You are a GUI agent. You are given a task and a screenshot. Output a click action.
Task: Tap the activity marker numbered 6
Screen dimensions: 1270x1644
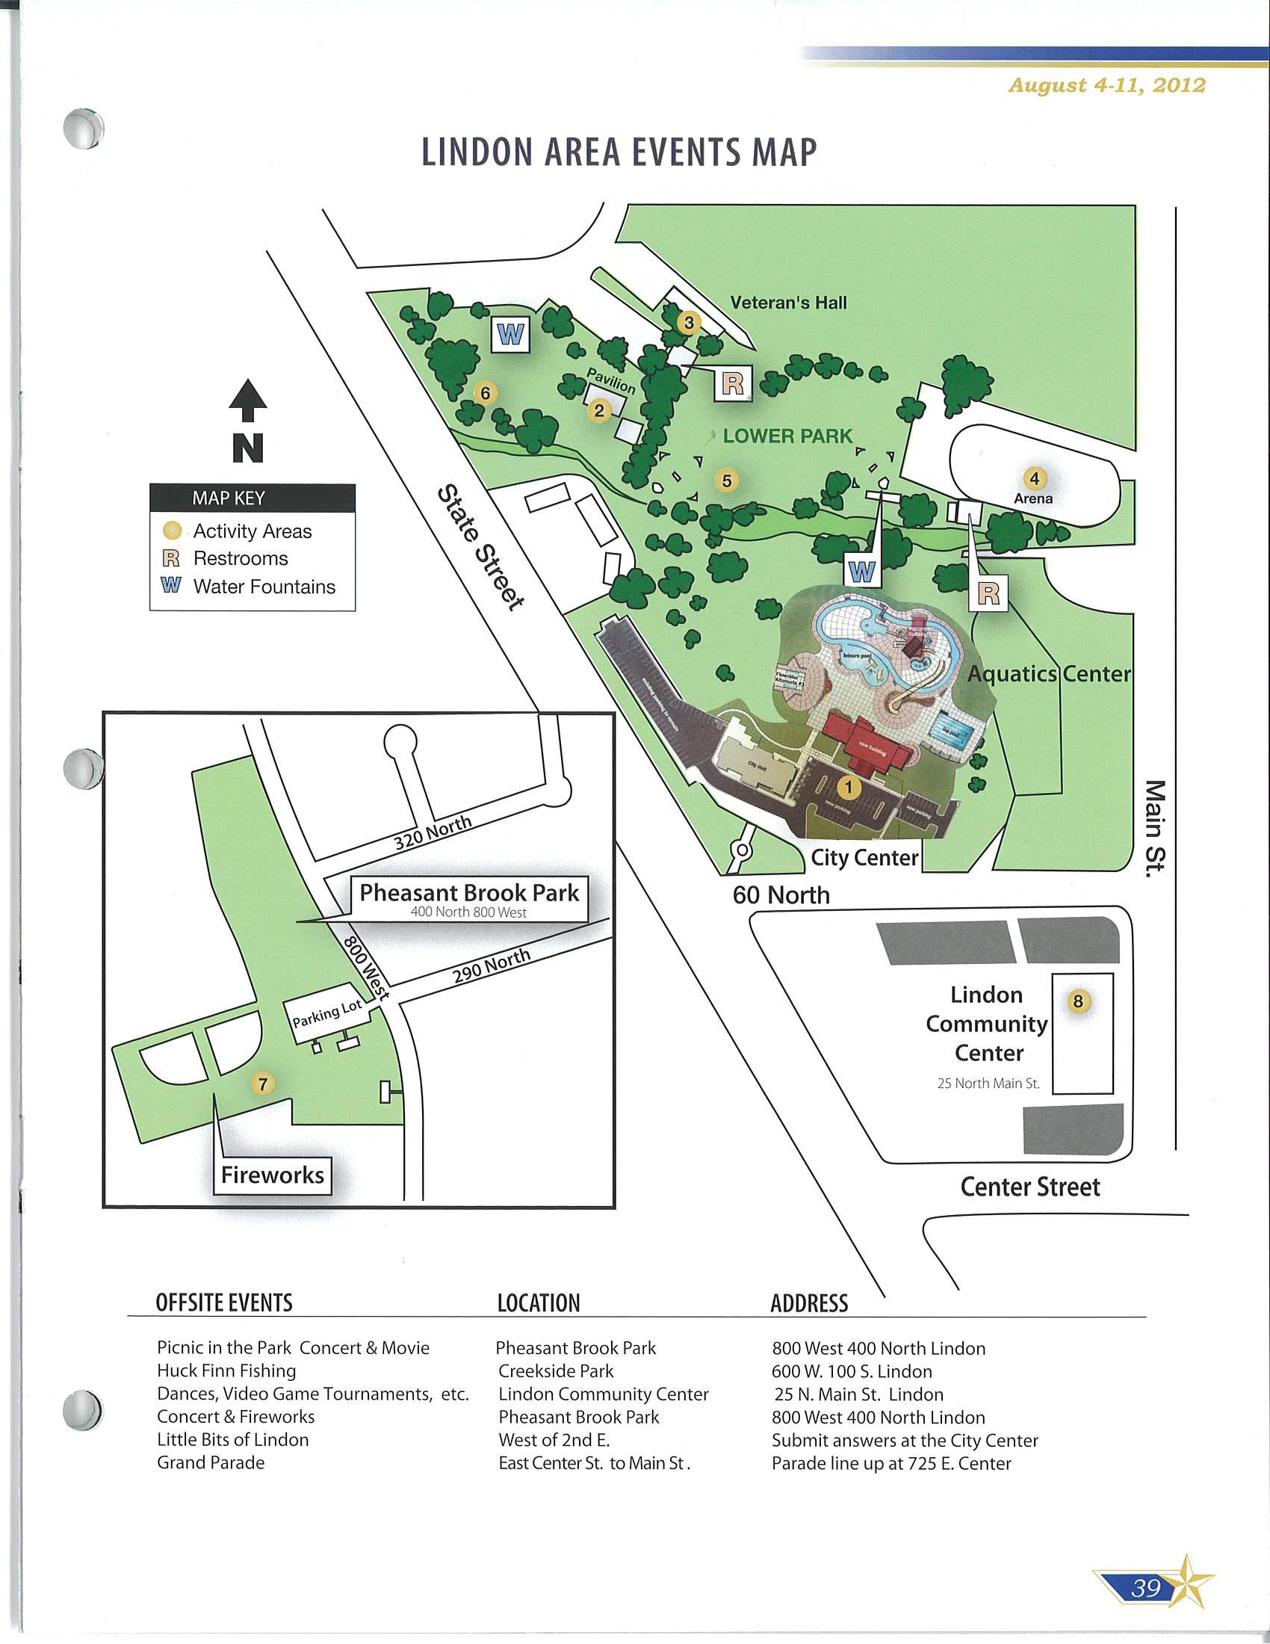click(486, 392)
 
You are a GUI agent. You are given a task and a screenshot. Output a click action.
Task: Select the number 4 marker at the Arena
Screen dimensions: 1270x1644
click(1035, 478)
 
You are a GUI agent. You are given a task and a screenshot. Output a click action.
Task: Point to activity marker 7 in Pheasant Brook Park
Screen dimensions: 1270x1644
click(262, 1084)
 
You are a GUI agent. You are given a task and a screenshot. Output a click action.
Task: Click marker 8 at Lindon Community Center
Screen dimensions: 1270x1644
click(1078, 1001)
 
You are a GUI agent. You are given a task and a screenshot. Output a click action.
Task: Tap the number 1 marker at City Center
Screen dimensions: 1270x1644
click(849, 788)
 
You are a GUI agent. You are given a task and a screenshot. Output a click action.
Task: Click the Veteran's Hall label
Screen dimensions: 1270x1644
click(787, 303)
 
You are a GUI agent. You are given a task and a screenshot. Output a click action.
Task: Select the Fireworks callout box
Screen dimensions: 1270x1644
click(273, 1175)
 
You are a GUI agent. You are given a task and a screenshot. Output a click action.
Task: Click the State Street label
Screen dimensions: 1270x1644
click(482, 547)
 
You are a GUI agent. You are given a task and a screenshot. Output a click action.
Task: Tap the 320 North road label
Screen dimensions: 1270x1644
click(433, 832)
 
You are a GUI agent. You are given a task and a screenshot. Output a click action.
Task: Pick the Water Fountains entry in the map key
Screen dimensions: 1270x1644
click(263, 587)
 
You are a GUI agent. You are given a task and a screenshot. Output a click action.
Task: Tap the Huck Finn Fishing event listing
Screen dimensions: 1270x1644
click(226, 1370)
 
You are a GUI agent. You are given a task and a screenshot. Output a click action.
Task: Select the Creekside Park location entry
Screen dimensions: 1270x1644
click(555, 1370)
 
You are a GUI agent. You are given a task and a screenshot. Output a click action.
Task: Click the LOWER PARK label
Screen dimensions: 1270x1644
click(787, 436)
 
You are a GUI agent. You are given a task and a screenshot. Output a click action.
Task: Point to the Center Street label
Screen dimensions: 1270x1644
click(1029, 1187)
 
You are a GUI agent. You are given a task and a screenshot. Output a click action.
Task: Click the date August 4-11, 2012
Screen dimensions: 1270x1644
click(1106, 85)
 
